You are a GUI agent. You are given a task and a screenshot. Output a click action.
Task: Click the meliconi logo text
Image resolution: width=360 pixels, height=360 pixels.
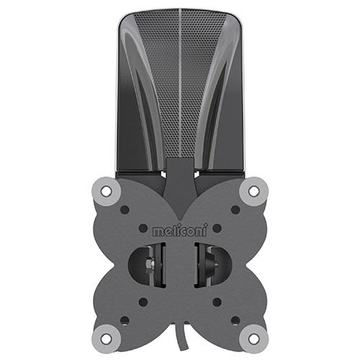(180, 230)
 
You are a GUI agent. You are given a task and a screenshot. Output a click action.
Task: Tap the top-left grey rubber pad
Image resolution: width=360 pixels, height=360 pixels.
(107, 192)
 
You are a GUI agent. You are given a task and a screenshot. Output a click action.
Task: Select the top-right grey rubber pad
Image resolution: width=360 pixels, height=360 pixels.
(253, 192)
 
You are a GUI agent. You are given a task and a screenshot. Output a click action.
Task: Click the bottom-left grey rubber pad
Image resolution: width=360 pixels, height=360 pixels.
(107, 338)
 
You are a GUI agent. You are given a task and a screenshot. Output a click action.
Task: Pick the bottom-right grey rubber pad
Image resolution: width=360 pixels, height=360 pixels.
(253, 338)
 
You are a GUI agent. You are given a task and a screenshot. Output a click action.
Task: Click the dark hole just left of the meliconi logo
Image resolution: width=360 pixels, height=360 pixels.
(143, 228)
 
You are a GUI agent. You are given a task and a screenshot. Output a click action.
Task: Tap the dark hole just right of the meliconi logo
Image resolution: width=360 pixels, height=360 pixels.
(217, 228)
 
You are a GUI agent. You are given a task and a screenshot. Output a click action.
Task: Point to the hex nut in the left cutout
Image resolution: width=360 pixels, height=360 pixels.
(149, 264)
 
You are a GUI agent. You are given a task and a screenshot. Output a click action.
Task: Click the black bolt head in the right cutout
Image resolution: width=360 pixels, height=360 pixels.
(213, 265)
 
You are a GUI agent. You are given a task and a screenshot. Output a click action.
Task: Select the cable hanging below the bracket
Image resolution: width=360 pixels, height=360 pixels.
(181, 338)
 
